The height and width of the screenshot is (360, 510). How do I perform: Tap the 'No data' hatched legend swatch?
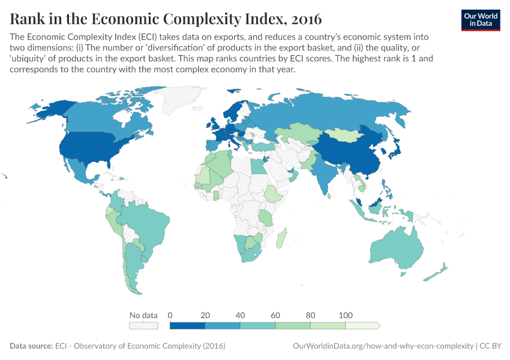coord(143,325)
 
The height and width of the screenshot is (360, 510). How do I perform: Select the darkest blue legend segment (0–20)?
coord(187,325)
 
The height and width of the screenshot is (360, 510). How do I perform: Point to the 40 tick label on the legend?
coord(240,315)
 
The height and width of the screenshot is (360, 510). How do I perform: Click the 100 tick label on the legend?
coord(345,315)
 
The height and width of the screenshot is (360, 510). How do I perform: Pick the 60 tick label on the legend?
coord(275,315)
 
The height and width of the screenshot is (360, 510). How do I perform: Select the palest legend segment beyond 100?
coord(362,325)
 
